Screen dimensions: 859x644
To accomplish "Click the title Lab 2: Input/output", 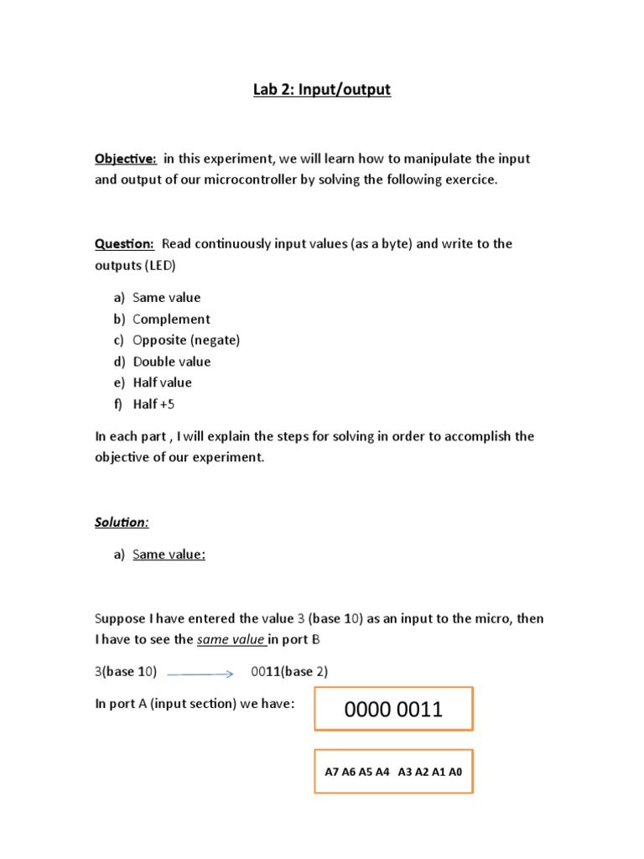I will (x=322, y=90).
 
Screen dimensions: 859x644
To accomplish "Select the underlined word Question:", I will (x=124, y=244).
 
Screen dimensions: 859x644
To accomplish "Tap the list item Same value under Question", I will (x=166, y=298).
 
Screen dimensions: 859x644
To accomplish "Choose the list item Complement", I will (x=171, y=319).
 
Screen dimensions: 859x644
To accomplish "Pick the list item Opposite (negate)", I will (x=186, y=340).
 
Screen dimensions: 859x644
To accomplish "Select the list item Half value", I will (x=162, y=383).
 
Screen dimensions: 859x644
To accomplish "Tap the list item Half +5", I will (x=153, y=404).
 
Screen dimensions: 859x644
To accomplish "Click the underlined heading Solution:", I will (x=122, y=523).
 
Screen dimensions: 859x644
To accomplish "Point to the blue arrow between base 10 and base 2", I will (x=200, y=673).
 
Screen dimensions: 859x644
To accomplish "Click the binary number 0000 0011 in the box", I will (x=393, y=710).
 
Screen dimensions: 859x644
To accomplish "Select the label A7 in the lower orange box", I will (x=332, y=772).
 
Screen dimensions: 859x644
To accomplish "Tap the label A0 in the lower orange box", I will (x=454, y=772).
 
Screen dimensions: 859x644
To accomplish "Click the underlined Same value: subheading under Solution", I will (x=169, y=554).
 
